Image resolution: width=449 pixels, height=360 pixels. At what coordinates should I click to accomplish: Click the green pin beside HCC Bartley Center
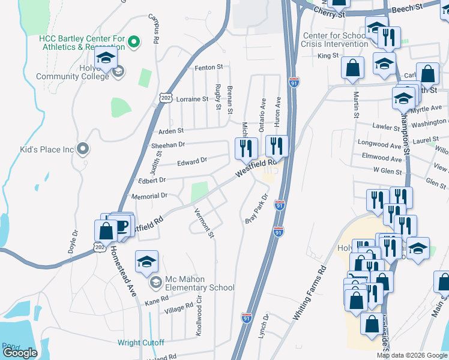click(x=134, y=41)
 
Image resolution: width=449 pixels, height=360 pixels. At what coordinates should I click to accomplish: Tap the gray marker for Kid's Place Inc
click(x=84, y=148)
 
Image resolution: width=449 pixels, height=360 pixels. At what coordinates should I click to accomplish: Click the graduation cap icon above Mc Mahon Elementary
click(x=146, y=262)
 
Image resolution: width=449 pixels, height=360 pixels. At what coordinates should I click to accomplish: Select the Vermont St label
click(x=204, y=222)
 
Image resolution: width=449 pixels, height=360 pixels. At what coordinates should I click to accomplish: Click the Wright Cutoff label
click(x=140, y=343)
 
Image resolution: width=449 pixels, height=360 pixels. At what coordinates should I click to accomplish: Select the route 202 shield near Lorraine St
click(x=166, y=97)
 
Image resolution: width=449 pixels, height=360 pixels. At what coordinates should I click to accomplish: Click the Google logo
click(x=20, y=353)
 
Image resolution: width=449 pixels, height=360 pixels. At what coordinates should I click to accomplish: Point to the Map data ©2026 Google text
click(x=412, y=355)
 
